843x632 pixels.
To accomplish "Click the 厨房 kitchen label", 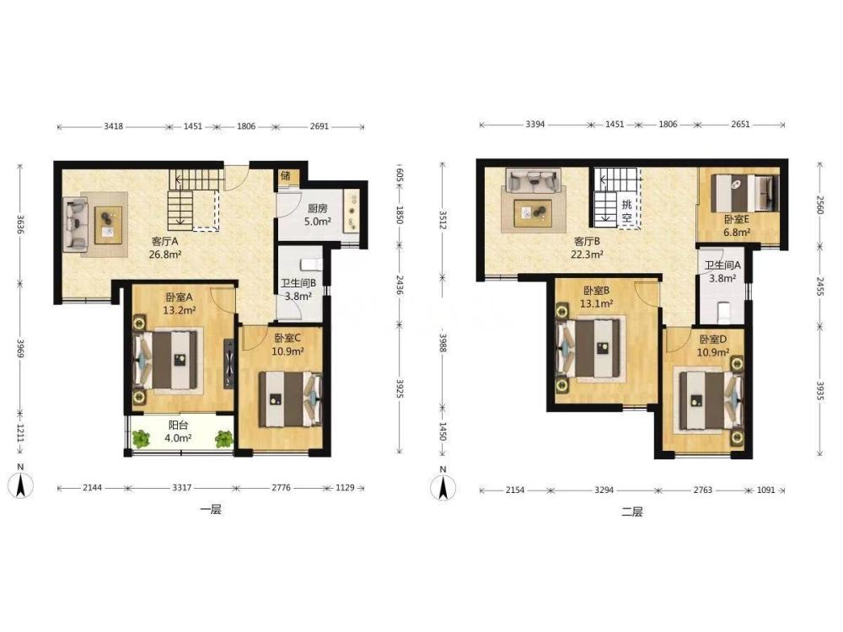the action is (x=317, y=208).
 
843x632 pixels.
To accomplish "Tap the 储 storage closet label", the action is (x=286, y=176).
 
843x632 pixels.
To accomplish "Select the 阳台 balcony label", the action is (x=178, y=425).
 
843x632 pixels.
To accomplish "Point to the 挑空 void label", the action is (x=627, y=211).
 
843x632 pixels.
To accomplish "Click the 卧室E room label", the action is (x=737, y=219).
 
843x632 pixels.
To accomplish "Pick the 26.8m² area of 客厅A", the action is (x=165, y=254).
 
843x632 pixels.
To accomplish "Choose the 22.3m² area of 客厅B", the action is (x=587, y=254).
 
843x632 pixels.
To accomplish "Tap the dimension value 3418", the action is (x=114, y=127).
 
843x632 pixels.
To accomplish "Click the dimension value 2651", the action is (x=740, y=124).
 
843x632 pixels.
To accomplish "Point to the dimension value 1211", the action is (x=20, y=433).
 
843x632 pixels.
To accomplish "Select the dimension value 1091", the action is (x=766, y=490).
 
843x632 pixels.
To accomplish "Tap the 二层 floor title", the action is (x=632, y=511).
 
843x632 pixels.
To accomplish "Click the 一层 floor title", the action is (x=211, y=510).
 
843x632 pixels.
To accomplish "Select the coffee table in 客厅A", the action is (x=108, y=225).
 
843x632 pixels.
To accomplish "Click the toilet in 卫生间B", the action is (x=311, y=265).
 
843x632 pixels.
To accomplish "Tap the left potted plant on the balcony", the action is (x=142, y=439).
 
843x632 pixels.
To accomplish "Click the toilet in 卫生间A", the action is (x=724, y=312).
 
